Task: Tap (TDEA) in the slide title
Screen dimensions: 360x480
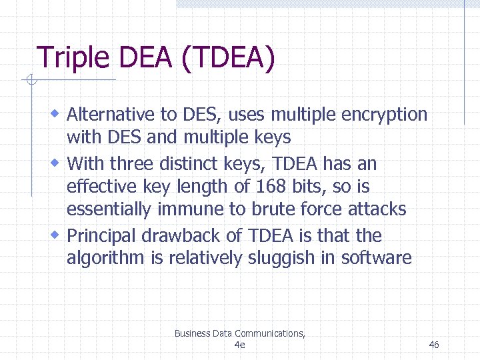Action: (x=228, y=58)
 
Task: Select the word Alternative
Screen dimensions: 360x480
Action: (x=112, y=115)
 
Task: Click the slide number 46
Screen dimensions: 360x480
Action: (x=434, y=345)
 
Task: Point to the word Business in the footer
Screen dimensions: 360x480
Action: (x=192, y=333)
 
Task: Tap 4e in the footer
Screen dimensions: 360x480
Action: (x=240, y=345)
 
